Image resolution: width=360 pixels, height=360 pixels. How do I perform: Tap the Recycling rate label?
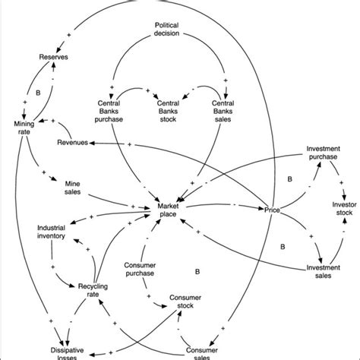pos(94,291)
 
